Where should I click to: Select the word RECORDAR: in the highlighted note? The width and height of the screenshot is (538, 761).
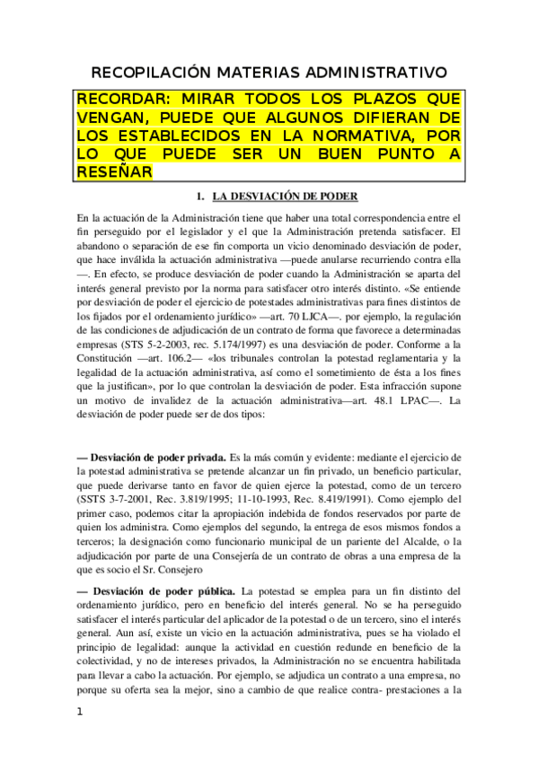[x=122, y=98]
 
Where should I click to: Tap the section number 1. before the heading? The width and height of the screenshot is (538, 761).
[x=202, y=196]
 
